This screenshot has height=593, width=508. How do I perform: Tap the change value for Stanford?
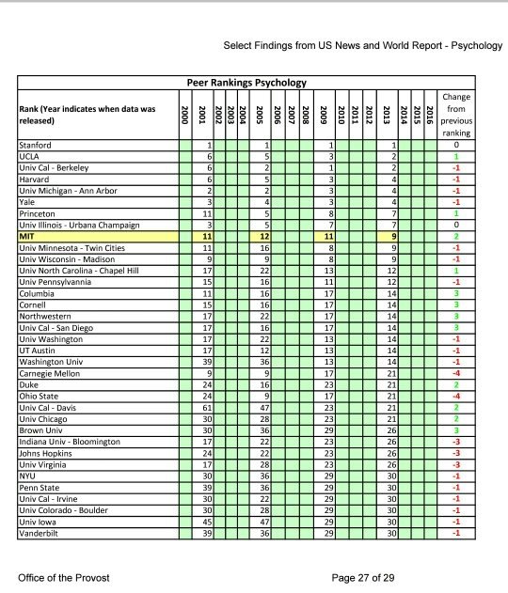pyautogui.click(x=455, y=146)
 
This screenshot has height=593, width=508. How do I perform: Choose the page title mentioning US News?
pyautogui.click(x=362, y=45)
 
